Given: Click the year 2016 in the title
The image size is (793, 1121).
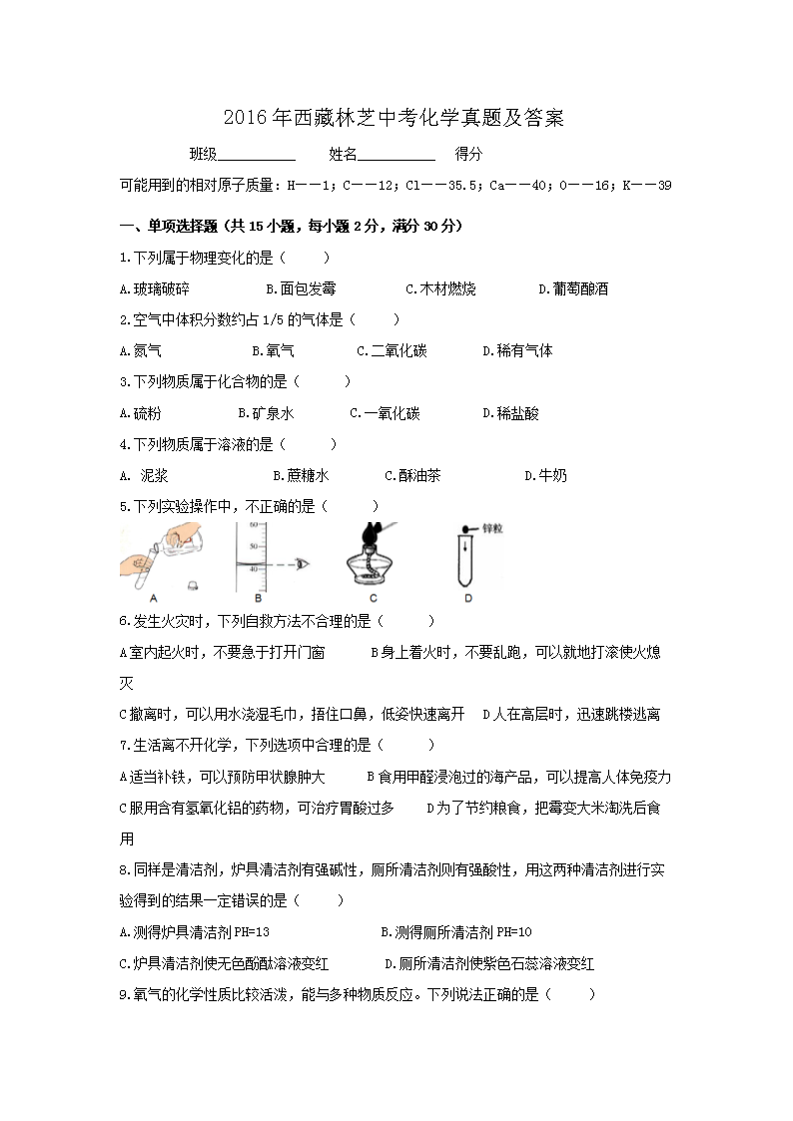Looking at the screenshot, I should tap(241, 119).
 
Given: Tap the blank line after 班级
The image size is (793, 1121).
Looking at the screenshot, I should tap(256, 157).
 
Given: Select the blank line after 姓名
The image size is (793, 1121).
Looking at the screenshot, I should tap(396, 157).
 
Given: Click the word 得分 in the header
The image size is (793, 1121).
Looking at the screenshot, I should tap(468, 155).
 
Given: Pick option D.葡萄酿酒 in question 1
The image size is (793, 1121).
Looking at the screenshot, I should tap(573, 289).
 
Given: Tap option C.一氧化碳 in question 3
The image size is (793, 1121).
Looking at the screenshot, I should tap(385, 413).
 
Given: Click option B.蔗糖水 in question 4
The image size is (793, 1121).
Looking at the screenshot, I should tap(301, 476).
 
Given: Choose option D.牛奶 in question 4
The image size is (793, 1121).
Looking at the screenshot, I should tap(545, 476).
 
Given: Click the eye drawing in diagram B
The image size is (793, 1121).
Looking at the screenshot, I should tap(303, 564).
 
